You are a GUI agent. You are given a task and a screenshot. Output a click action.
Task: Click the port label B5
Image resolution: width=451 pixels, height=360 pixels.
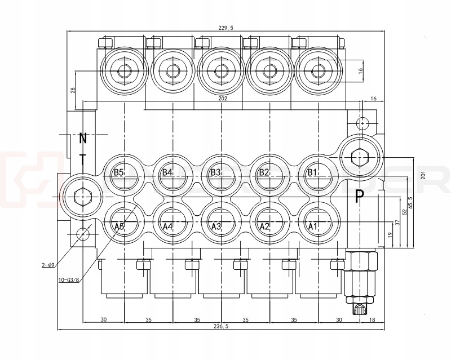click(118, 172)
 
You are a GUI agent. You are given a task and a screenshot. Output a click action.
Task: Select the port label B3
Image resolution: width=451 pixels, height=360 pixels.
click(215, 172)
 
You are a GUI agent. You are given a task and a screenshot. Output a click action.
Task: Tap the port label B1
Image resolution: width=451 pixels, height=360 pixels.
click(313, 172)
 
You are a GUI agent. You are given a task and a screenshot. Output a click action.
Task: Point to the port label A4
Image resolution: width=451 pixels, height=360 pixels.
click(167, 226)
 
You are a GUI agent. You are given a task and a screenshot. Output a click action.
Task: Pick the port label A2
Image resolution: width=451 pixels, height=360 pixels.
click(264, 226)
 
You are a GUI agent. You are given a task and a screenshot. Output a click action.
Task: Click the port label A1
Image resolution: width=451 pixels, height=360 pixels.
click(313, 226)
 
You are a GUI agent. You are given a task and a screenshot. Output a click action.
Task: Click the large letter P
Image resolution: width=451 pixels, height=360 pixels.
click(359, 197)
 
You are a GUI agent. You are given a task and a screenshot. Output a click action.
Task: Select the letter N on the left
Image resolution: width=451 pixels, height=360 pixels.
click(83, 137)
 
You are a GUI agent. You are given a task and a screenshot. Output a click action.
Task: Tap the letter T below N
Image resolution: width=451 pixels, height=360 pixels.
click(82, 159)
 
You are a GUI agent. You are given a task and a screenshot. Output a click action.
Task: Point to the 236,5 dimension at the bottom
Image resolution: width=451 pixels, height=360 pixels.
click(222, 326)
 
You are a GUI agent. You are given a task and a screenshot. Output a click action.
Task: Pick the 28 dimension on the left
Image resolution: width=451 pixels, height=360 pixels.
click(73, 90)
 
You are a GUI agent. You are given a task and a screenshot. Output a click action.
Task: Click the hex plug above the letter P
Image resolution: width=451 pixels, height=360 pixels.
click(361, 155)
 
